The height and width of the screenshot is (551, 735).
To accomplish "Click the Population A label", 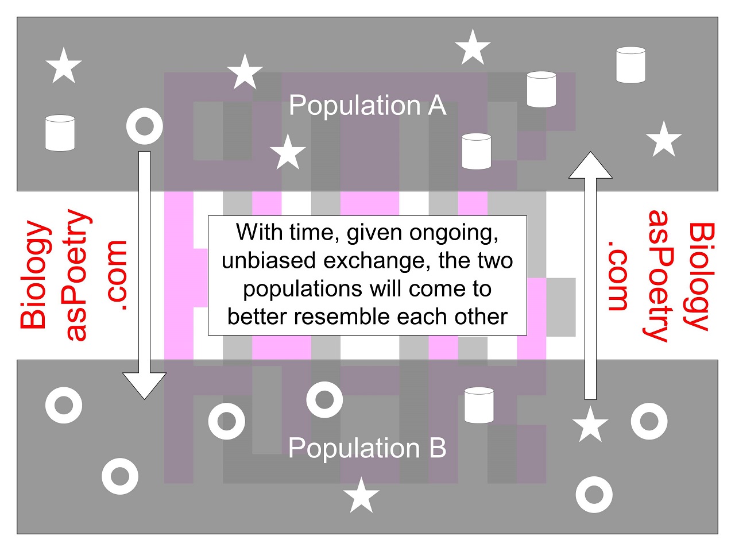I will [x=367, y=106].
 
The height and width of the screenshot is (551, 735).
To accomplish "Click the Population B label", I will [x=367, y=448].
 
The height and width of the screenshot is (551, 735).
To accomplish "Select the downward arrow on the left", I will [x=145, y=276].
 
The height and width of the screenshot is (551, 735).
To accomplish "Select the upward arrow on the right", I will [x=590, y=276].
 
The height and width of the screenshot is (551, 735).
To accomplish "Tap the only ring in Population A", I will [x=144, y=126].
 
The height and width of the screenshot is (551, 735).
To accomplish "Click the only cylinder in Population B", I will [x=478, y=405].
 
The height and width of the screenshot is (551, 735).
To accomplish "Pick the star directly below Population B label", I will [x=361, y=496].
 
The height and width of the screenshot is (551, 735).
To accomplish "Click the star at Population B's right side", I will [x=590, y=425].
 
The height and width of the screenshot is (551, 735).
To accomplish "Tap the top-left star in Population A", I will [x=63, y=65].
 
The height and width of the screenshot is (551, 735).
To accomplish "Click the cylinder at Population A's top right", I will [x=630, y=65].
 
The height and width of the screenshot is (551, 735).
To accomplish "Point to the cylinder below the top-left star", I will [x=60, y=133].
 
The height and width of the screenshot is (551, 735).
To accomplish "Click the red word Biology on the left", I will [x=34, y=275].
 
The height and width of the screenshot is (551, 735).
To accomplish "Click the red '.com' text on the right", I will [x=618, y=275].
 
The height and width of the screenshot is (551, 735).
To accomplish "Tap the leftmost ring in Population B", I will [x=63, y=405].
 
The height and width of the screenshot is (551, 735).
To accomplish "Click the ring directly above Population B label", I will [x=324, y=399].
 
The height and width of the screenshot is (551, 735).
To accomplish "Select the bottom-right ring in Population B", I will [x=594, y=494].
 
